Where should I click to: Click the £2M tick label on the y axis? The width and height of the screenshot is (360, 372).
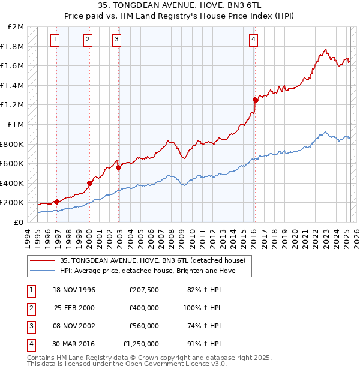tap(16, 27)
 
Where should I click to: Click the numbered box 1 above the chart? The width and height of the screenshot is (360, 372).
tap(55, 40)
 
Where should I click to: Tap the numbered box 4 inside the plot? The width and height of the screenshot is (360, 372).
tap(254, 40)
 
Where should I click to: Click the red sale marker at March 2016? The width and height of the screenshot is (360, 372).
tap(255, 100)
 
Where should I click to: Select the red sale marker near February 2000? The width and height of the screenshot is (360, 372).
tap(89, 183)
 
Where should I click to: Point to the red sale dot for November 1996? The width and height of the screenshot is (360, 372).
tap(56, 202)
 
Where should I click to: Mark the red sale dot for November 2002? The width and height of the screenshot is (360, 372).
tap(118, 167)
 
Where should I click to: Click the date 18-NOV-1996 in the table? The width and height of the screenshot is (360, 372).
tap(74, 290)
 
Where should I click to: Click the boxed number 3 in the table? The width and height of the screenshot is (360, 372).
tap(29, 326)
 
